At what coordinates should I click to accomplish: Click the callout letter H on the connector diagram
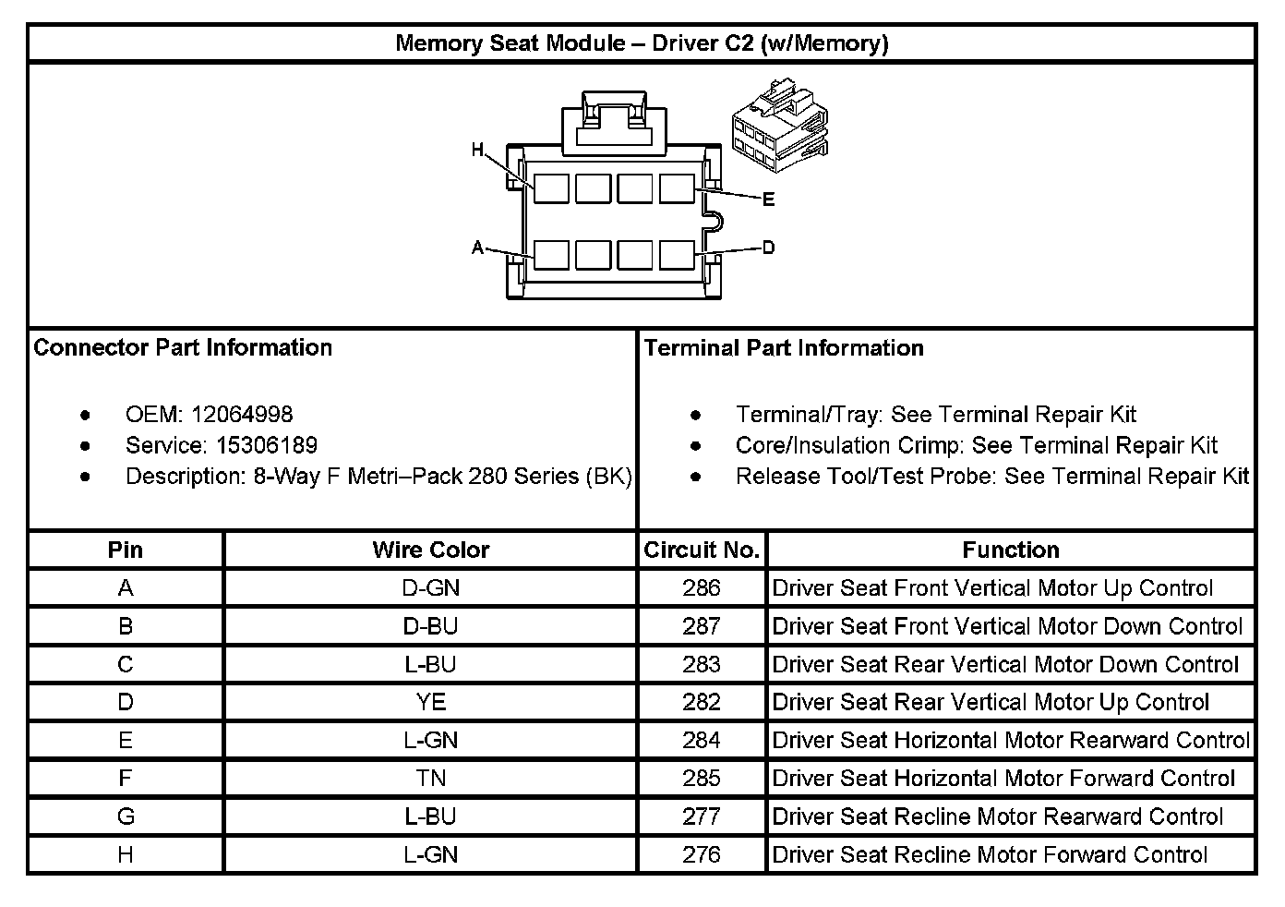[x=477, y=150]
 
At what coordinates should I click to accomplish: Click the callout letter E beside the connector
[x=768, y=200]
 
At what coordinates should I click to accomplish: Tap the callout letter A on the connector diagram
[x=477, y=248]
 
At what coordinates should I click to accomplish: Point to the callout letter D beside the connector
[x=768, y=248]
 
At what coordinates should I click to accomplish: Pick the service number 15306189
[x=267, y=445]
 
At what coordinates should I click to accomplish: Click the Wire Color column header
[x=430, y=550]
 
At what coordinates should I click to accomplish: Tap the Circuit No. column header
[x=702, y=550]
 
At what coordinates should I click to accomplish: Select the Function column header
[x=1010, y=550]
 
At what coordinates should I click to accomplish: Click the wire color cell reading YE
[x=430, y=702]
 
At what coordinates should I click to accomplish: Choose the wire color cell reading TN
[x=430, y=779]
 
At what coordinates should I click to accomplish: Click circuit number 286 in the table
[x=702, y=588]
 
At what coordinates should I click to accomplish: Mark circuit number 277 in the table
[x=702, y=816]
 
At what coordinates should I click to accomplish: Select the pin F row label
[x=126, y=779]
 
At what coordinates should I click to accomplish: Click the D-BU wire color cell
[x=430, y=626]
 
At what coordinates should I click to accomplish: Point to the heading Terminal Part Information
[x=784, y=348]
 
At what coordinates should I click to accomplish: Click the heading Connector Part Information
[x=183, y=347]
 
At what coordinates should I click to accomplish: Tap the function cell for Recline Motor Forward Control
[x=990, y=854]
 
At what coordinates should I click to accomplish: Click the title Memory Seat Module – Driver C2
[x=642, y=43]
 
